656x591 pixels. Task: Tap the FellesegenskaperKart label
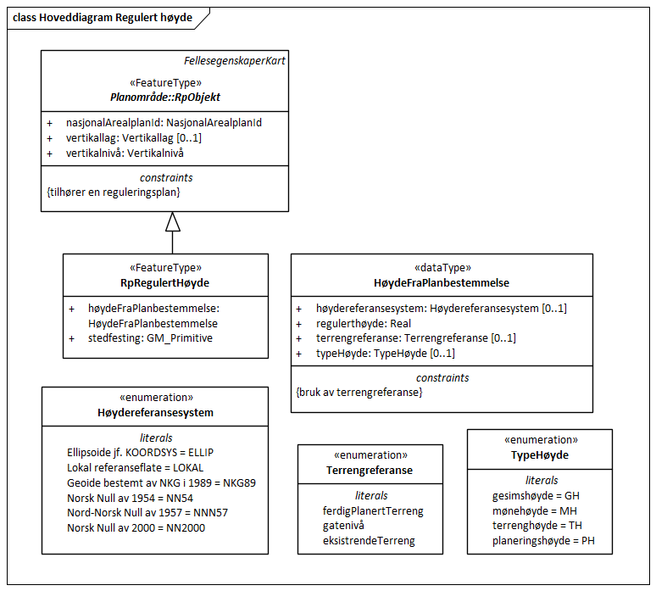pyautogui.click(x=235, y=60)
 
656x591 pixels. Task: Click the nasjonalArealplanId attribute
pyautogui.click(x=164, y=122)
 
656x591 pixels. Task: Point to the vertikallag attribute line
pyautogui.click(x=134, y=137)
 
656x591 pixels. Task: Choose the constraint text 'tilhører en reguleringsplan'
pyautogui.click(x=114, y=192)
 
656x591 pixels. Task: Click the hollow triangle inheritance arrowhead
pyautogui.click(x=173, y=221)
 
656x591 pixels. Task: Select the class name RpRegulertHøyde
pyautogui.click(x=164, y=282)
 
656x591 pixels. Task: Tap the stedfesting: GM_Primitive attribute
pyautogui.click(x=150, y=338)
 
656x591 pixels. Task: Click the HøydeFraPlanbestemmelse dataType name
pyautogui.click(x=442, y=282)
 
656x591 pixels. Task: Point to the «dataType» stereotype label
pyautogui.click(x=442, y=266)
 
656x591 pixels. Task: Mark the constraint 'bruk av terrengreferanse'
pyautogui.click(x=359, y=393)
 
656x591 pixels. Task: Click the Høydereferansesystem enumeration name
pyautogui.click(x=156, y=412)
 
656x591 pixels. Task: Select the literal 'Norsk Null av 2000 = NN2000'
pyautogui.click(x=136, y=528)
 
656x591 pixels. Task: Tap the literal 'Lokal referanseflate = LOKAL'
pyautogui.click(x=135, y=467)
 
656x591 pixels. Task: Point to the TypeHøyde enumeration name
pyautogui.click(x=541, y=455)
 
